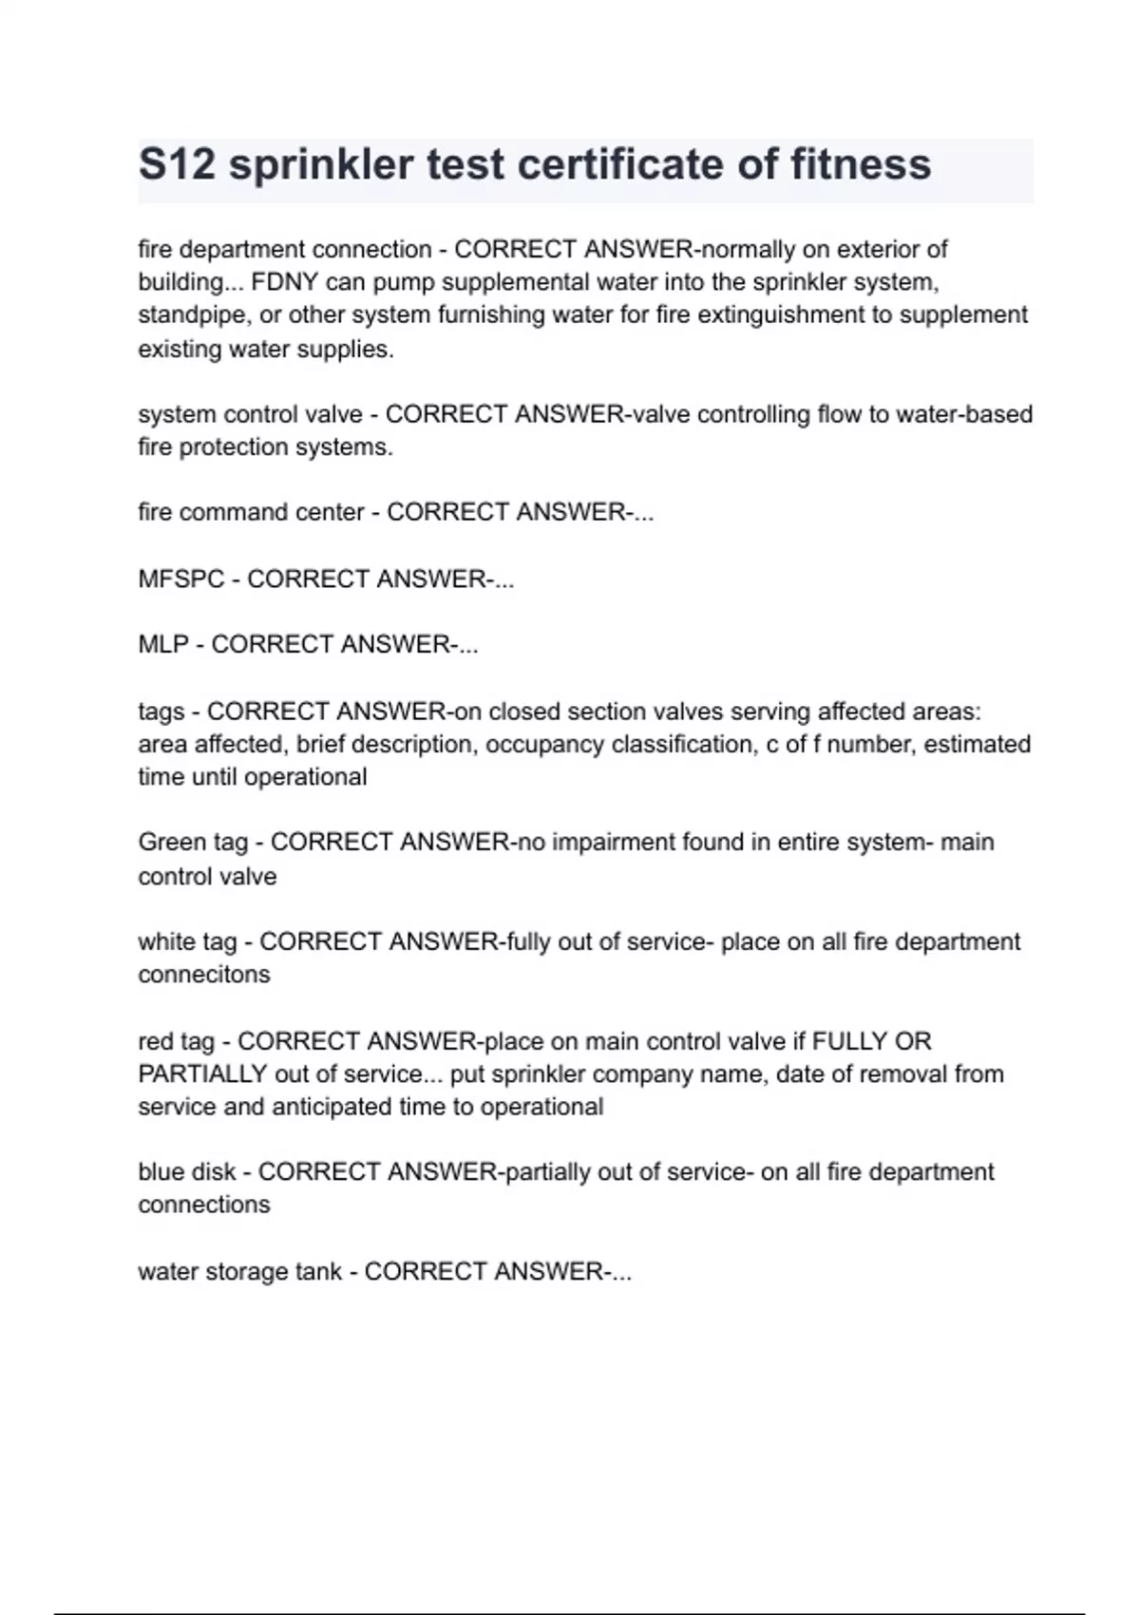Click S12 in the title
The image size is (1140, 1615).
pyautogui.click(x=177, y=164)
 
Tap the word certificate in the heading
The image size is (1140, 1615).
pyautogui.click(x=620, y=164)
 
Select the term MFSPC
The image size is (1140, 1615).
pyautogui.click(x=181, y=579)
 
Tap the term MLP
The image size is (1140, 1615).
pyautogui.click(x=163, y=645)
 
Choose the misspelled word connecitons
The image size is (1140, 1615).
pyautogui.click(x=204, y=975)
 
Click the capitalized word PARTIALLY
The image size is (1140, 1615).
pyautogui.click(x=202, y=1074)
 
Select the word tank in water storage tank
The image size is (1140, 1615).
pyautogui.click(x=318, y=1272)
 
